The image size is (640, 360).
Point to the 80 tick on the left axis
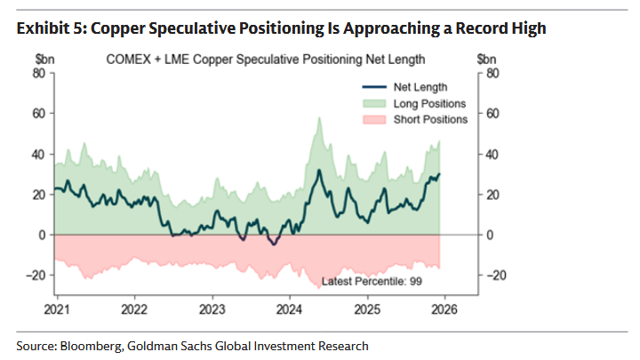(38, 73)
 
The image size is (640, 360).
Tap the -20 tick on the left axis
(36, 276)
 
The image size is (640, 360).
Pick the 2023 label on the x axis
(211, 310)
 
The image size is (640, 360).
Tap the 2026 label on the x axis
(444, 310)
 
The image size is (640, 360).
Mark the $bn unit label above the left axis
(43, 60)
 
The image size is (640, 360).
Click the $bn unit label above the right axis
(486, 60)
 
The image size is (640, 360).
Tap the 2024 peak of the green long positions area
(318, 118)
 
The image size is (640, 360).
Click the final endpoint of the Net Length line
(440, 174)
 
